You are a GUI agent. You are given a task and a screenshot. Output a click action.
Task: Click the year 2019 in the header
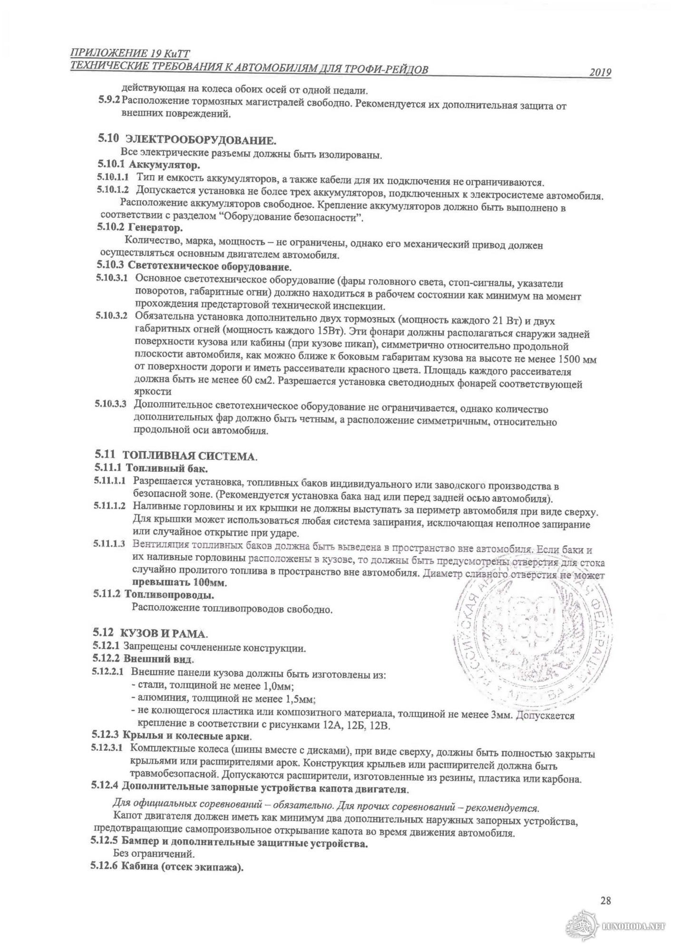coord(600,72)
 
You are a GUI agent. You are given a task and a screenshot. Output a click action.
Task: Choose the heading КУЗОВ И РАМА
coord(164,634)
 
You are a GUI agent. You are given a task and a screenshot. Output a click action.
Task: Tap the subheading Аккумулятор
coord(165,165)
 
